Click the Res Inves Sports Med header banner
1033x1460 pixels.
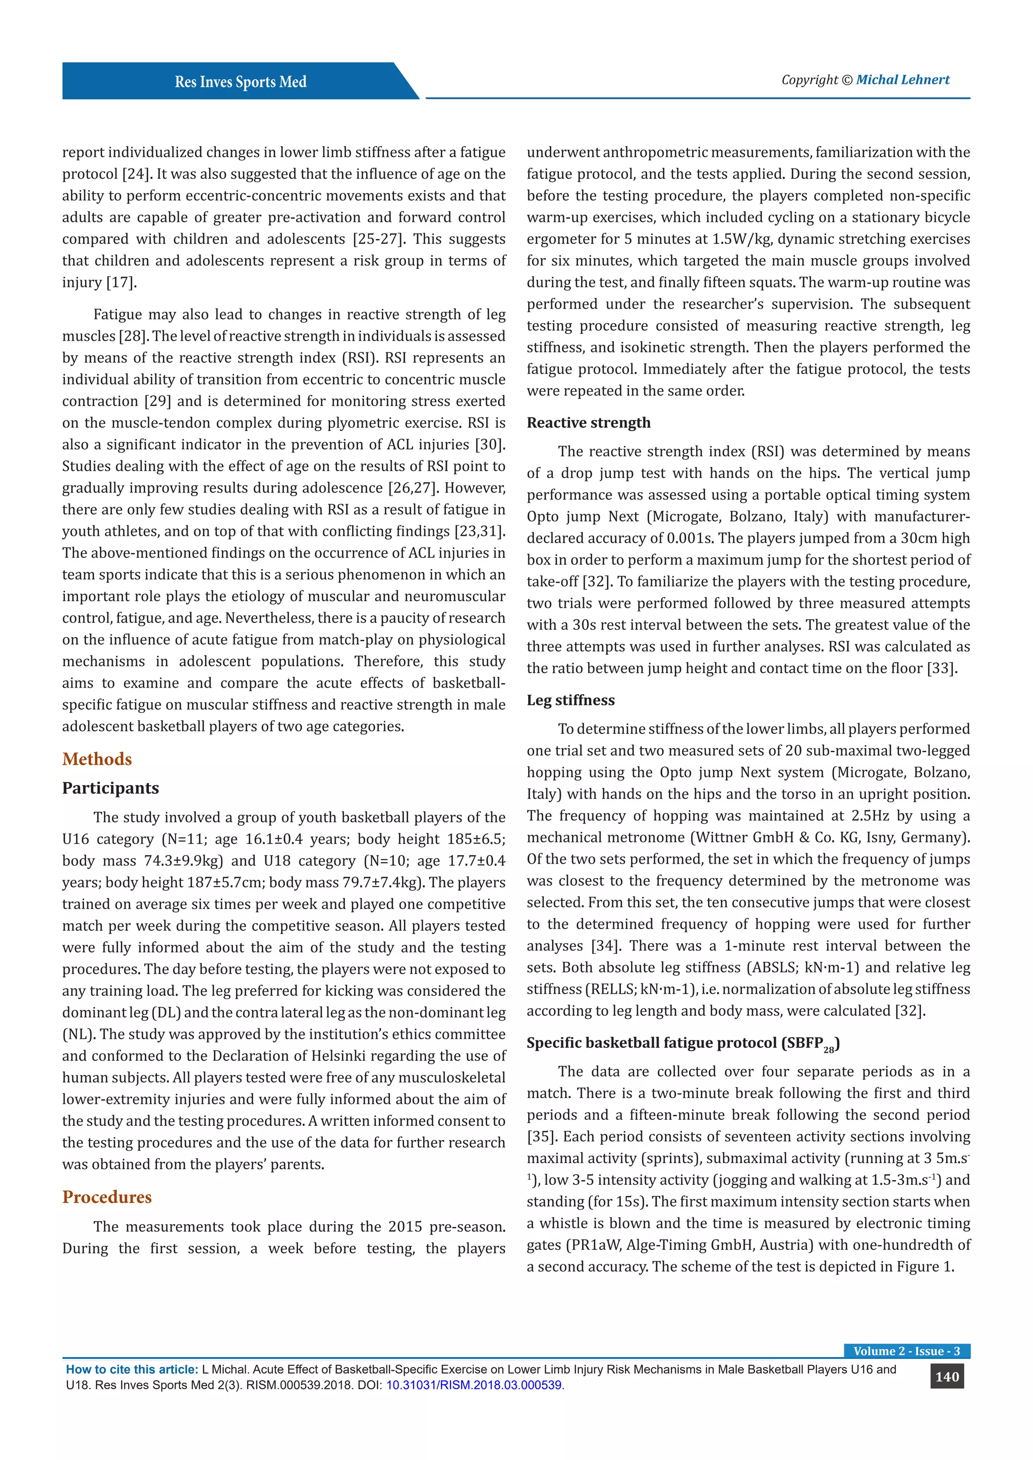point(241,81)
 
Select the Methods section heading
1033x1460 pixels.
point(97,759)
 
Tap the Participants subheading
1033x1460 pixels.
point(110,788)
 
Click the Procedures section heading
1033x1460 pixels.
point(107,1197)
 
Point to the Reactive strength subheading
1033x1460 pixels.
point(589,423)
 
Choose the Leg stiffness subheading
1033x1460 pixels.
point(570,700)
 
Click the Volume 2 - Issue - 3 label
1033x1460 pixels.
point(906,1351)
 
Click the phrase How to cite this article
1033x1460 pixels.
point(132,1370)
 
